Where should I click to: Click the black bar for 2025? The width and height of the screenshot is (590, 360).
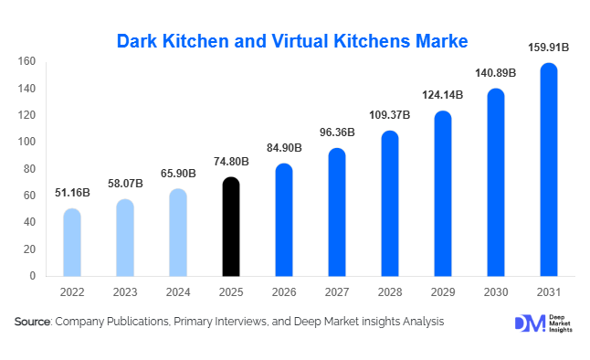click(x=231, y=227)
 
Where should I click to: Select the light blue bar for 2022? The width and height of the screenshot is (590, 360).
click(x=71, y=242)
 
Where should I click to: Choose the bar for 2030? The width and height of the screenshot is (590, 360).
click(x=496, y=182)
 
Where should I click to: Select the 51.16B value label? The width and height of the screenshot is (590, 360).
click(x=71, y=194)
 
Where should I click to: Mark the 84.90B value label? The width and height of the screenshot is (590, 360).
click(x=284, y=148)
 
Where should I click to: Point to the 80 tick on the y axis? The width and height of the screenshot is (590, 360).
click(x=29, y=169)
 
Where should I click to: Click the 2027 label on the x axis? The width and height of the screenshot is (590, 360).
click(x=337, y=291)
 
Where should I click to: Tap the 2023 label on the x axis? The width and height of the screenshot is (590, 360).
click(x=124, y=291)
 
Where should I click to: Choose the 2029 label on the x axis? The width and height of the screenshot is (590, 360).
click(x=443, y=291)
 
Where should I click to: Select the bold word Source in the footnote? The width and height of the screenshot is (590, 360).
click(x=32, y=322)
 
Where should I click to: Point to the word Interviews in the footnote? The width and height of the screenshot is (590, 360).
click(x=241, y=322)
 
